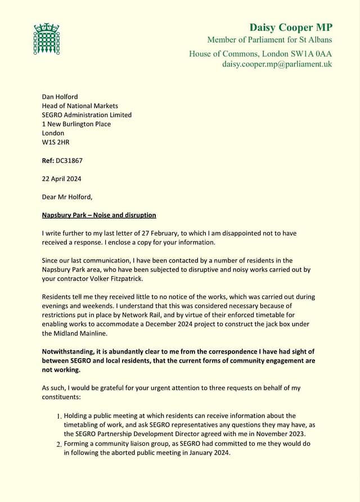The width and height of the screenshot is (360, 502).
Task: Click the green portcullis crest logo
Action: [47, 39]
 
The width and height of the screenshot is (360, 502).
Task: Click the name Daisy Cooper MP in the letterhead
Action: [290, 28]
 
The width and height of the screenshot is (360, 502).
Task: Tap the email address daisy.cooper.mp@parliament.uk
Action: [277, 64]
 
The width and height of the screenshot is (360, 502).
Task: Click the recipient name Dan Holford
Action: [61, 97]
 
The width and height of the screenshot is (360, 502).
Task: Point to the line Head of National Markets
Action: [80, 106]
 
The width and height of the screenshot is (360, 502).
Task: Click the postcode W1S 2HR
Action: [56, 142]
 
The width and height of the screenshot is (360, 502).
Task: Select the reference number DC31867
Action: [69, 161]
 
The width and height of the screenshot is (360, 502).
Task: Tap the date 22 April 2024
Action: [61, 179]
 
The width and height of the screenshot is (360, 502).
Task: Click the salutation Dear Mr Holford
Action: [67, 197]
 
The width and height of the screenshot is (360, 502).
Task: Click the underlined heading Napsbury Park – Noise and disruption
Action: [99, 215]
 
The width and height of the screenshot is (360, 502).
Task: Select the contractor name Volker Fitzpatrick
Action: [112, 279]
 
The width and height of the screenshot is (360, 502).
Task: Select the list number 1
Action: [59, 417]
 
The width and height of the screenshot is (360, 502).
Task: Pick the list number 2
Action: [59, 444]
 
